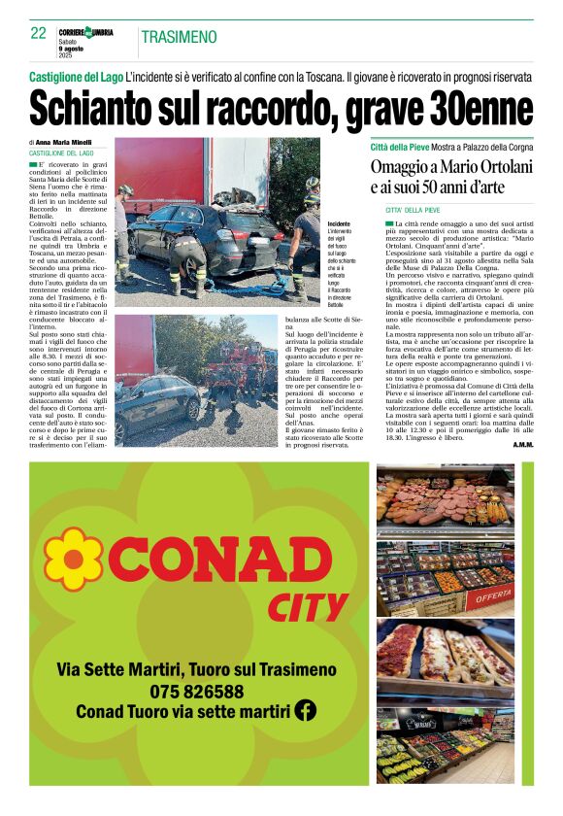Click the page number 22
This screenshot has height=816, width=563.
click(38, 33)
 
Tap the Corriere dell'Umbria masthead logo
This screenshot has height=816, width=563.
click(85, 32)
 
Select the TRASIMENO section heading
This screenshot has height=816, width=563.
click(179, 37)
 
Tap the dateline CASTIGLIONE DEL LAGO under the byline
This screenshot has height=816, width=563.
click(61, 153)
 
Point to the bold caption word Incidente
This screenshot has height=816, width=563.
click(313, 223)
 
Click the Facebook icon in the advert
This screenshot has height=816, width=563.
click(306, 710)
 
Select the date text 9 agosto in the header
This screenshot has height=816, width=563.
click(72, 49)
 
